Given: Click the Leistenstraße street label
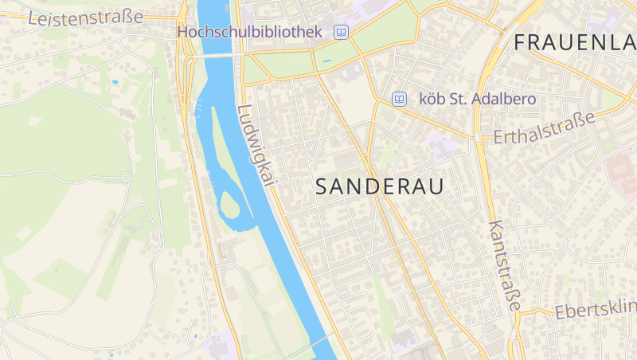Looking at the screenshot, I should point(86,17).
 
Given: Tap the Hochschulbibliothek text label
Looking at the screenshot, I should point(249,32).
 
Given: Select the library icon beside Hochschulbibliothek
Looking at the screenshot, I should point(342,32).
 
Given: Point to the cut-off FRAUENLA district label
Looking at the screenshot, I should point(574,42).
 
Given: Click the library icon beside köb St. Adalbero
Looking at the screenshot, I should point(400,100).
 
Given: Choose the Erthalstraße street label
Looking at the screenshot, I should point(545,128).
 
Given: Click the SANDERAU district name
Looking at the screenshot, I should point(379,186).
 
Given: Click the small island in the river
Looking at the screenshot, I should point(229,205).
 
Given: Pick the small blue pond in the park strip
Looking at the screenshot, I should point(326,61).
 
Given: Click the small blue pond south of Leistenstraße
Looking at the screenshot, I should point(115,82).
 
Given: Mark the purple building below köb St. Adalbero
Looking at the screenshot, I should point(440,147).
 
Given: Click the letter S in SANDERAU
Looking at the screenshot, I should point(322,186).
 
